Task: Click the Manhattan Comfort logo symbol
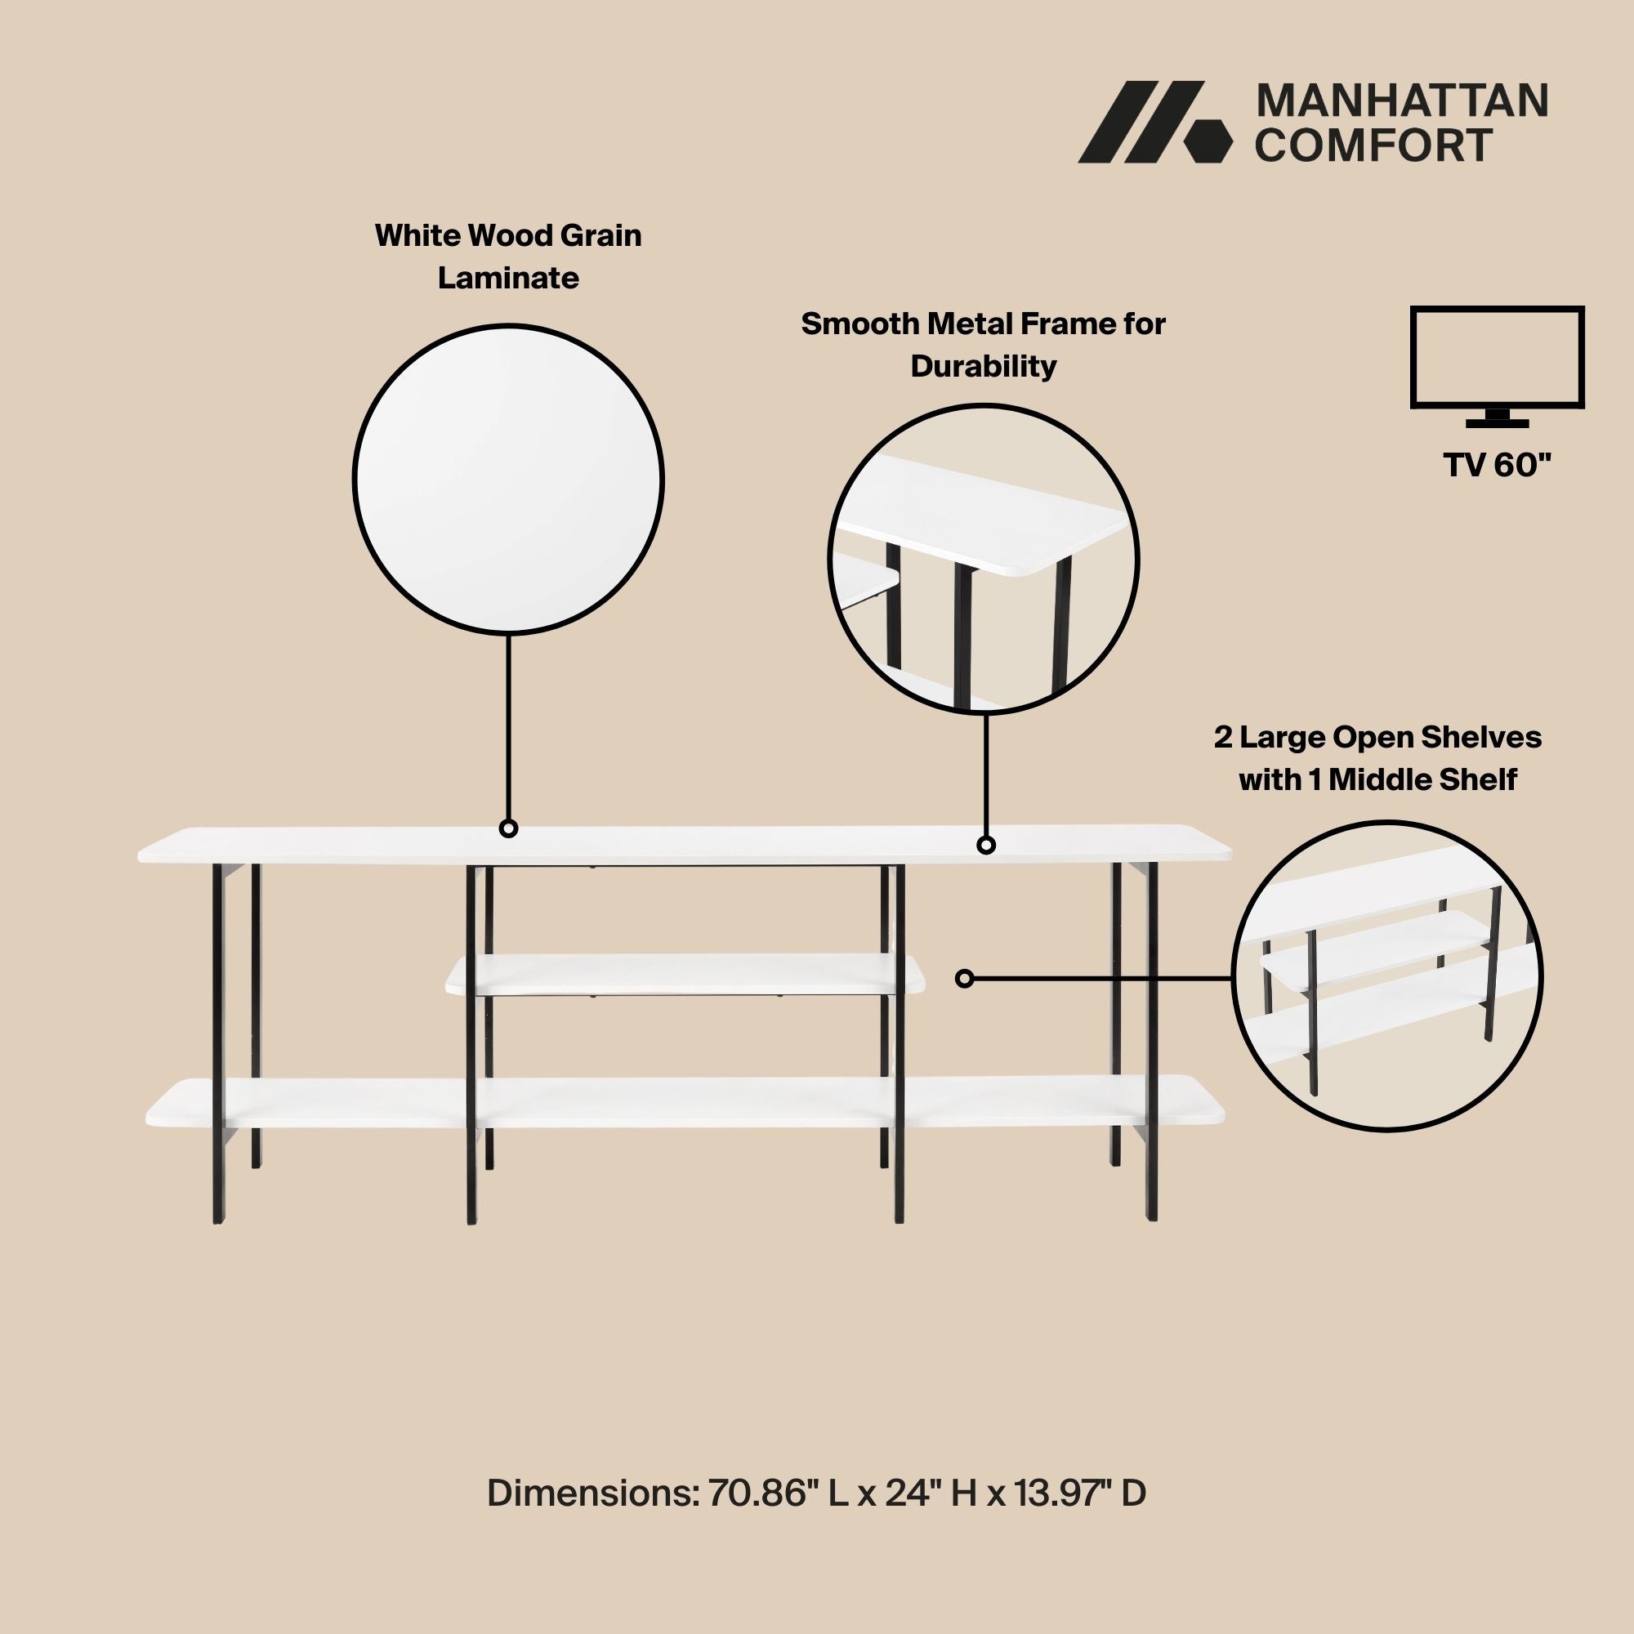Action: (1154, 122)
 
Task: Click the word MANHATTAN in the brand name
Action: (1402, 101)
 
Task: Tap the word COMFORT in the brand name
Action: (1373, 145)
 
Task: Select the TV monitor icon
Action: (1497, 367)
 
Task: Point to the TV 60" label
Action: (1498, 464)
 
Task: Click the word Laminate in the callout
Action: (508, 278)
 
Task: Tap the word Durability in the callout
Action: (984, 366)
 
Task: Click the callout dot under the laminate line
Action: (508, 828)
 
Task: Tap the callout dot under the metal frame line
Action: (986, 844)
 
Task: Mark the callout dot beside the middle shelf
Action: (965, 979)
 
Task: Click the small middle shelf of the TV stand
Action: (685, 975)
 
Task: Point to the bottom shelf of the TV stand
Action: (685, 1102)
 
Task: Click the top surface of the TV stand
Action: (685, 844)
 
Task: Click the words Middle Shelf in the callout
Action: (1422, 779)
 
